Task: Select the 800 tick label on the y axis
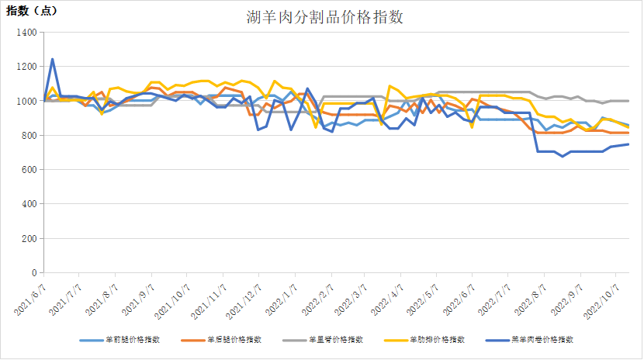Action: (x=29, y=136)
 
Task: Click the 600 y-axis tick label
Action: (x=29, y=170)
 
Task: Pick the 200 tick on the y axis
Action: (x=29, y=239)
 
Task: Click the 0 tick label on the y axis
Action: (x=34, y=273)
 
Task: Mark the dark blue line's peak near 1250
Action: (x=52, y=59)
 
